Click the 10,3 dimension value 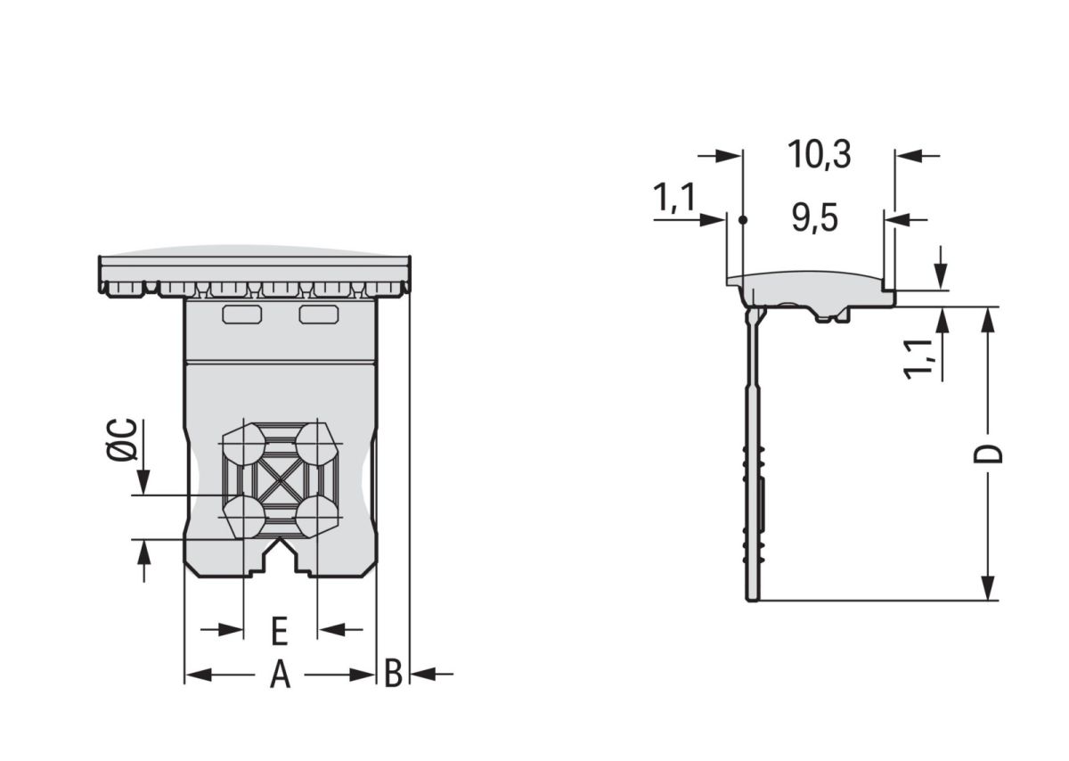819,155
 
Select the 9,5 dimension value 815,218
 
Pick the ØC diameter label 123,439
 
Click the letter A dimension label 281,675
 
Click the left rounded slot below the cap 241,314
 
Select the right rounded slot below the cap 319,314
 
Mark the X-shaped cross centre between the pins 281,480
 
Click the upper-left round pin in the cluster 243,443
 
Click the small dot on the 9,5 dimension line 743,219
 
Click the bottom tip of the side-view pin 752,598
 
